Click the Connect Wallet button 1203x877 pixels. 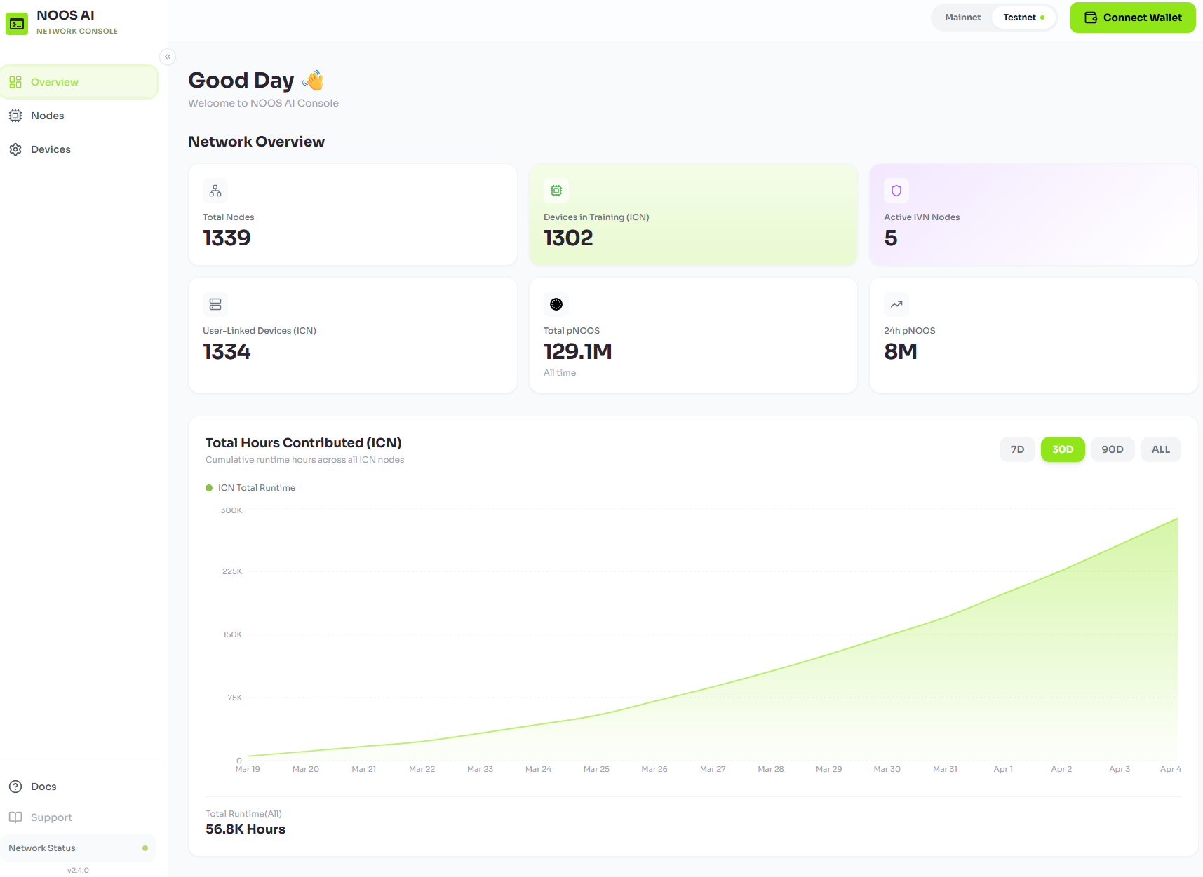pos(1132,18)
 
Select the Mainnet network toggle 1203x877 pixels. pos(962,18)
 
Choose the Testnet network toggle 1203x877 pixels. pos(1023,18)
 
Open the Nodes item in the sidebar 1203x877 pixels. pos(47,116)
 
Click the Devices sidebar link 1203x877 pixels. pos(51,149)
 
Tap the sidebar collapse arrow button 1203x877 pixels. pos(168,57)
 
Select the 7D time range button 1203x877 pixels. pos(1017,449)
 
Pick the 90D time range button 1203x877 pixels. pos(1112,449)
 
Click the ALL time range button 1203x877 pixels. pos(1160,449)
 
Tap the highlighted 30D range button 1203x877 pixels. pos(1062,449)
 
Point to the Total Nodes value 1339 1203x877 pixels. pos(227,238)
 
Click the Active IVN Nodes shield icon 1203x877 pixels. pos(896,191)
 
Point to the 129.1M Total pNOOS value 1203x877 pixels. pos(577,351)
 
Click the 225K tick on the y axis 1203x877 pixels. pos(232,571)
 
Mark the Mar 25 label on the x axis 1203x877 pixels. pos(596,769)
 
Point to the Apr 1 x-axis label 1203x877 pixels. pos(1002,769)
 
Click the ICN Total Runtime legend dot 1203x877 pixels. pos(209,488)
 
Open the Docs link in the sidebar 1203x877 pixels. pos(43,787)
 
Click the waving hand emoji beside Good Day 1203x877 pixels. pos(313,81)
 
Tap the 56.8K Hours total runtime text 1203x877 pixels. pos(246,829)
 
